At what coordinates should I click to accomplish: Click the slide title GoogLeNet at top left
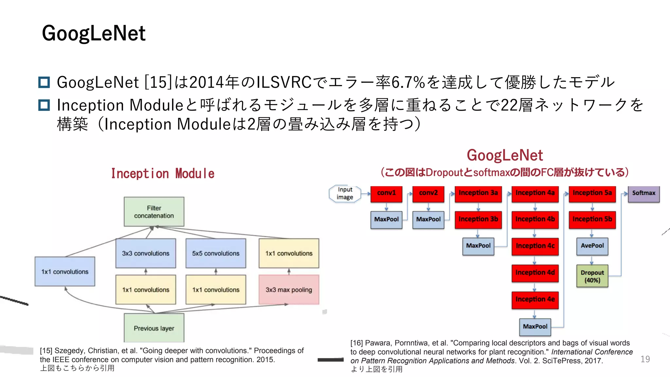94,33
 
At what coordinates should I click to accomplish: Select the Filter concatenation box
154,212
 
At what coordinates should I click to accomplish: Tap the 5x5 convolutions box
216,253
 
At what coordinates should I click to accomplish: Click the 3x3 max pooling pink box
289,290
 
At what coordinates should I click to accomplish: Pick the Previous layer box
154,328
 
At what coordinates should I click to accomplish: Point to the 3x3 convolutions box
146,253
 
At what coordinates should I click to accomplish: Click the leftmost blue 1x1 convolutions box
65,272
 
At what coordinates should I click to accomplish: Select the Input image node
345,193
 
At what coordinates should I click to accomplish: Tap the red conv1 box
386,193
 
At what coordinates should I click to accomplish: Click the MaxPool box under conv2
428,219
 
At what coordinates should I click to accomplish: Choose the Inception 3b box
478,219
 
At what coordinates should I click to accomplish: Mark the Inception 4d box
535,273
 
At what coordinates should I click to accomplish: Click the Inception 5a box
592,193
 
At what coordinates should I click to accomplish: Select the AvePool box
592,246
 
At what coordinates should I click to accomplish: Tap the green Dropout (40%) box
592,276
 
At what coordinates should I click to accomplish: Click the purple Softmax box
643,193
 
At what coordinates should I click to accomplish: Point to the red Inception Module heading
163,173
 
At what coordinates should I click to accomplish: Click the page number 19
645,359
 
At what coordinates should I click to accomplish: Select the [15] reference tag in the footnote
46,351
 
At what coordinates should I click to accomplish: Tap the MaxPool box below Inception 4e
535,327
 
